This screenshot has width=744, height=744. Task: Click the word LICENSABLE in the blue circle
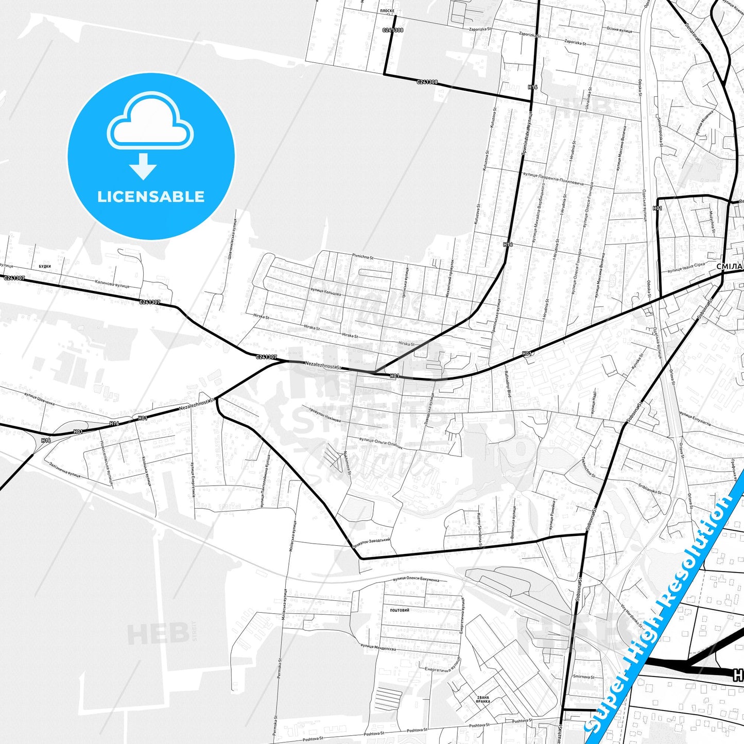tap(151, 197)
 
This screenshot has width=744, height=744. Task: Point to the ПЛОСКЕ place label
tap(387, 11)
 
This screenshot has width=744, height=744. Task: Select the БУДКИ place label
tap(45, 266)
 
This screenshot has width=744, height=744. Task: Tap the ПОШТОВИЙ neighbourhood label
tap(400, 610)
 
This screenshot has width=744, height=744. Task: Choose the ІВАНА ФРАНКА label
tap(482, 699)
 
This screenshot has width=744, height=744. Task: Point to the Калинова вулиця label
tap(112, 284)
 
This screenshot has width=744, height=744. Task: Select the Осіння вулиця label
tap(619, 30)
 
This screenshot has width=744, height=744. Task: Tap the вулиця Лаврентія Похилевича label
tap(553, 179)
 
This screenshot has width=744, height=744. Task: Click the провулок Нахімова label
tap(325, 414)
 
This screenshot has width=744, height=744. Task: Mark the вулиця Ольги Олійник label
tap(381, 444)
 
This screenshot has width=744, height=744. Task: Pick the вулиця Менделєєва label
tap(378, 647)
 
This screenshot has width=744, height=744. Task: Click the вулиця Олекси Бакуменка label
tap(416, 579)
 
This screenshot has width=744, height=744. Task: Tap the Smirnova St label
tap(583, 677)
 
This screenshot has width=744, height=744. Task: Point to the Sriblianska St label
tap(650, 489)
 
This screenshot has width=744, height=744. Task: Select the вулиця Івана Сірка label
tap(686, 268)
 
